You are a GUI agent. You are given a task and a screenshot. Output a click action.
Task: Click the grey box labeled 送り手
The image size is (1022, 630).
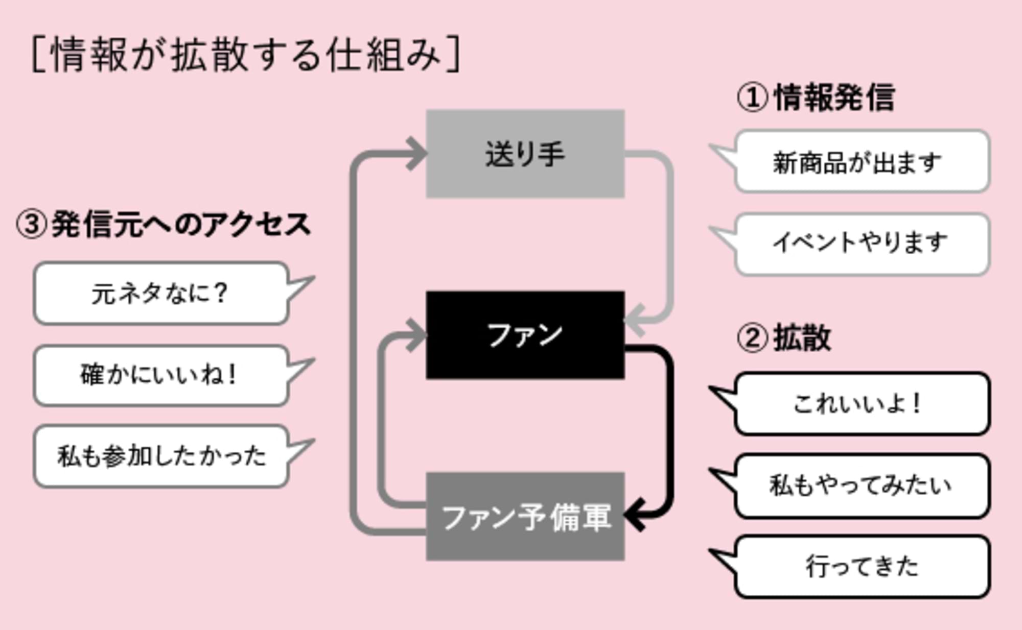click(525, 154)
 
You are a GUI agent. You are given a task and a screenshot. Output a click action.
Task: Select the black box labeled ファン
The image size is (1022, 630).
click(525, 335)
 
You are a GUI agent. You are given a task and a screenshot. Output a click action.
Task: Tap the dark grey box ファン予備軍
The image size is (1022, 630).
click(525, 517)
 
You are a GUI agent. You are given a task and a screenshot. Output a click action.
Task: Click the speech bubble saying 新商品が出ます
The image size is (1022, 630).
click(862, 162)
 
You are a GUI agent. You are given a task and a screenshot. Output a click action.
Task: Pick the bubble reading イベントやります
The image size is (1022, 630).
click(862, 244)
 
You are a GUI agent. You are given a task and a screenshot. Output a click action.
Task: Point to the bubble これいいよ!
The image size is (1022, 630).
click(862, 404)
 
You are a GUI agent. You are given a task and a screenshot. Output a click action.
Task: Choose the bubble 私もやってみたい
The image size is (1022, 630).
click(862, 486)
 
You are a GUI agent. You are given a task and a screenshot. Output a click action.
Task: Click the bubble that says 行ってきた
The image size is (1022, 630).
click(862, 566)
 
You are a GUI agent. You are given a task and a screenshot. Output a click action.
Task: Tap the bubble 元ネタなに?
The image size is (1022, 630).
click(161, 294)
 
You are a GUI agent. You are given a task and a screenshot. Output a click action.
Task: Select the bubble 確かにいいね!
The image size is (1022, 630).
click(161, 376)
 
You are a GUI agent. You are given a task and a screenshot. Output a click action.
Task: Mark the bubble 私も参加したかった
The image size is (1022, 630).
click(161, 456)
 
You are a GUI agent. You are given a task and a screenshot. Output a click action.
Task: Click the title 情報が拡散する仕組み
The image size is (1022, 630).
click(246, 54)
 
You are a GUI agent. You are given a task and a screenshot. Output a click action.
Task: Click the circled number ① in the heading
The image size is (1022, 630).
click(752, 97)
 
